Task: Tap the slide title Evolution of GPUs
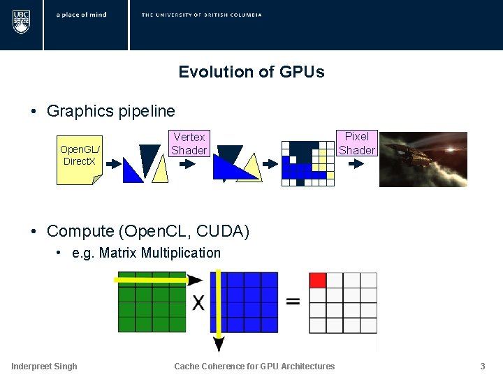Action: coord(251,72)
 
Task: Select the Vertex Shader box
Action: coord(189,144)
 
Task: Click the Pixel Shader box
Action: coord(357,143)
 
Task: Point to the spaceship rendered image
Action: coord(423,159)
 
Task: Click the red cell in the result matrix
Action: coord(318,280)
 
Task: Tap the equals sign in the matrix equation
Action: coord(293,302)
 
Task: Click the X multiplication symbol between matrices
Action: coord(198,302)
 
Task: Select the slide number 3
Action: coord(482,366)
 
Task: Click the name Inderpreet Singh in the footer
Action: coord(44,366)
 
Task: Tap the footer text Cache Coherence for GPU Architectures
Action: coord(254,366)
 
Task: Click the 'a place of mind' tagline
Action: coord(81,15)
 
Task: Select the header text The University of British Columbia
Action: coord(201,15)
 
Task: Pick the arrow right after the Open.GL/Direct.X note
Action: coord(110,165)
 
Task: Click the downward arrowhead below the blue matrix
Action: coord(219,343)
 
